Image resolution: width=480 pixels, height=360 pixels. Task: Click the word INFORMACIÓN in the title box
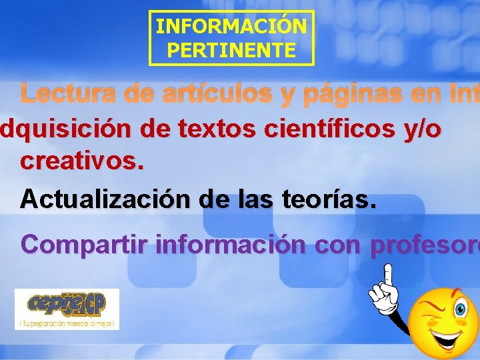tap(231, 27)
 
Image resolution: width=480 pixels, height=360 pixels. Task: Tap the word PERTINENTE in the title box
tap(231, 50)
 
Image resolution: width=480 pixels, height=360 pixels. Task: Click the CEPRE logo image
tap(67, 304)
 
